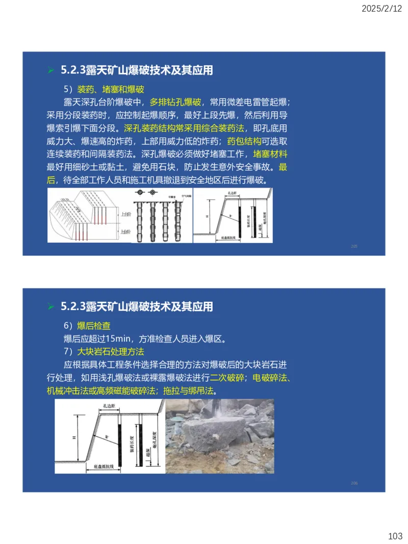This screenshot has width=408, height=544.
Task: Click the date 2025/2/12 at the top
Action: pos(381,9)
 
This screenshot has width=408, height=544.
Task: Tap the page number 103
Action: pos(395,536)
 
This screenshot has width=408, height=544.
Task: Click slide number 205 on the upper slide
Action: pos(354,246)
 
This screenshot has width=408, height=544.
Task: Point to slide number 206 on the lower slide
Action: pos(354,482)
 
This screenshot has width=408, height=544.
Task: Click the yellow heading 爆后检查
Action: pos(93,326)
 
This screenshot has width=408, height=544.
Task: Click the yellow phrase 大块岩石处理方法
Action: pos(110,352)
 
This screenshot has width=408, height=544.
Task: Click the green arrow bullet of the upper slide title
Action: pos(50,70)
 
